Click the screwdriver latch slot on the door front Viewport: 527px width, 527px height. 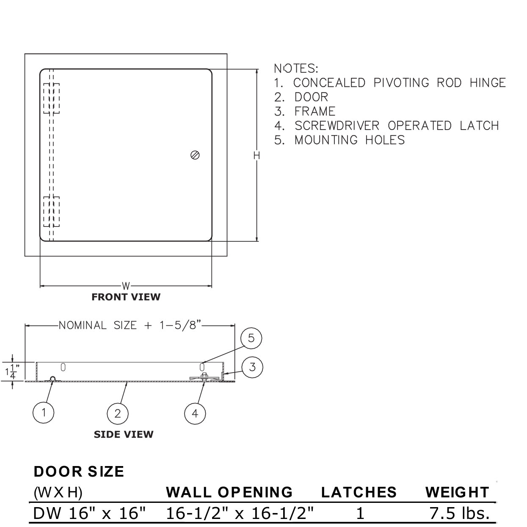point(195,155)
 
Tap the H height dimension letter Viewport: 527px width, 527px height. point(257,156)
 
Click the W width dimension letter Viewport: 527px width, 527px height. point(126,287)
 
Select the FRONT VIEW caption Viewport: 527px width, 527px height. point(126,297)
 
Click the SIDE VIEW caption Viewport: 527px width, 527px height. point(123,434)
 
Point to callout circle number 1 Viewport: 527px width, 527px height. point(44,412)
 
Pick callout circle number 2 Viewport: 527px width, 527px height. point(118,413)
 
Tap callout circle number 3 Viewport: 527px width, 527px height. point(252,367)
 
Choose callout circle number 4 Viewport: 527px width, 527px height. point(195,413)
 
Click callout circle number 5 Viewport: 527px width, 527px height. point(251,338)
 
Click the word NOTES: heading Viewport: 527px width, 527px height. point(296,68)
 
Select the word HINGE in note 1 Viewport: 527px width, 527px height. point(488,83)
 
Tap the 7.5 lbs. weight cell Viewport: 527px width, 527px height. point(460,513)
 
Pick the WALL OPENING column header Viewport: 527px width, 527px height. point(229,492)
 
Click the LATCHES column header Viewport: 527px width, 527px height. point(359,492)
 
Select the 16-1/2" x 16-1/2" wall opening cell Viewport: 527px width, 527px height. point(240,513)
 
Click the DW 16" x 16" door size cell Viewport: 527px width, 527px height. point(89,513)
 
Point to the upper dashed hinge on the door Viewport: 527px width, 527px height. point(51,99)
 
